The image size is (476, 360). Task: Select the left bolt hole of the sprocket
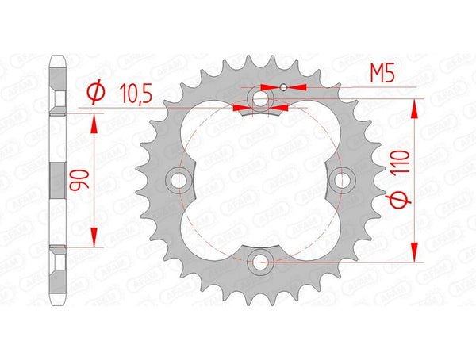178,181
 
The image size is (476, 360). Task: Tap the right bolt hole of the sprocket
343,181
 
